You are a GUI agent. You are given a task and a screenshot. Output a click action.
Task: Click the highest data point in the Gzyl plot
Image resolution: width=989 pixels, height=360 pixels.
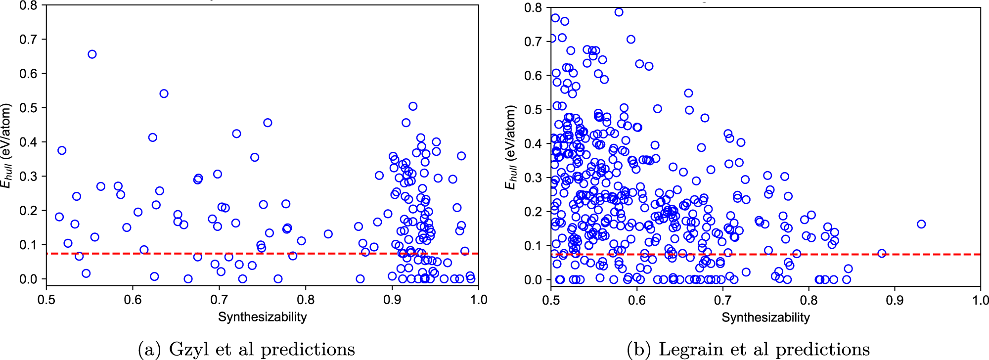(x=92, y=54)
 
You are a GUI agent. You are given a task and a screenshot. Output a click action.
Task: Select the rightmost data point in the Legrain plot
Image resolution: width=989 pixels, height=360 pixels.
(x=921, y=224)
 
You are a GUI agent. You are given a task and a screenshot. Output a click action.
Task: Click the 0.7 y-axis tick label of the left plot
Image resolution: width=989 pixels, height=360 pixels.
(x=29, y=40)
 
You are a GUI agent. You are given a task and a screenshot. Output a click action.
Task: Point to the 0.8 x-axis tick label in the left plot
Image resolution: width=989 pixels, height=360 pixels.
(x=306, y=300)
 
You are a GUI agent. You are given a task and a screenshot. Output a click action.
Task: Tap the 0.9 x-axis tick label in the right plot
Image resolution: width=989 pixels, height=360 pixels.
(x=895, y=300)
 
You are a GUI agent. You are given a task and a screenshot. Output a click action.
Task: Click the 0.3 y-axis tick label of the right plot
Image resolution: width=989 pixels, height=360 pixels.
(x=533, y=178)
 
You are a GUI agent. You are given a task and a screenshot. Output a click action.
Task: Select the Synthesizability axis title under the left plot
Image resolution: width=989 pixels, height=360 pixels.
(x=262, y=317)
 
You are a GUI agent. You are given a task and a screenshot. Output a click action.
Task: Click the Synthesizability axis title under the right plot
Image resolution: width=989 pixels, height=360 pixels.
(x=765, y=317)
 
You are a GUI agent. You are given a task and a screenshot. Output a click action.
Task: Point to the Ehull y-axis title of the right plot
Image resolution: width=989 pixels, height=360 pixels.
(x=510, y=147)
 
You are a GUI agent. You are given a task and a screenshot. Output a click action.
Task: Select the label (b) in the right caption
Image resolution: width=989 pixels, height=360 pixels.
(x=639, y=350)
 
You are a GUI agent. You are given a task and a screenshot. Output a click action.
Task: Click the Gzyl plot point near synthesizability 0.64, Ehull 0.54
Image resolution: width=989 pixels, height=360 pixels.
(x=164, y=93)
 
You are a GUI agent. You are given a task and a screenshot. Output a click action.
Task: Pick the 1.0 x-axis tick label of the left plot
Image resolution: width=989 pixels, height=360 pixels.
(x=478, y=300)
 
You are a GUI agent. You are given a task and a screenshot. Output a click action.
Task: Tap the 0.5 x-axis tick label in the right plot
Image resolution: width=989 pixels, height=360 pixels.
(x=551, y=300)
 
